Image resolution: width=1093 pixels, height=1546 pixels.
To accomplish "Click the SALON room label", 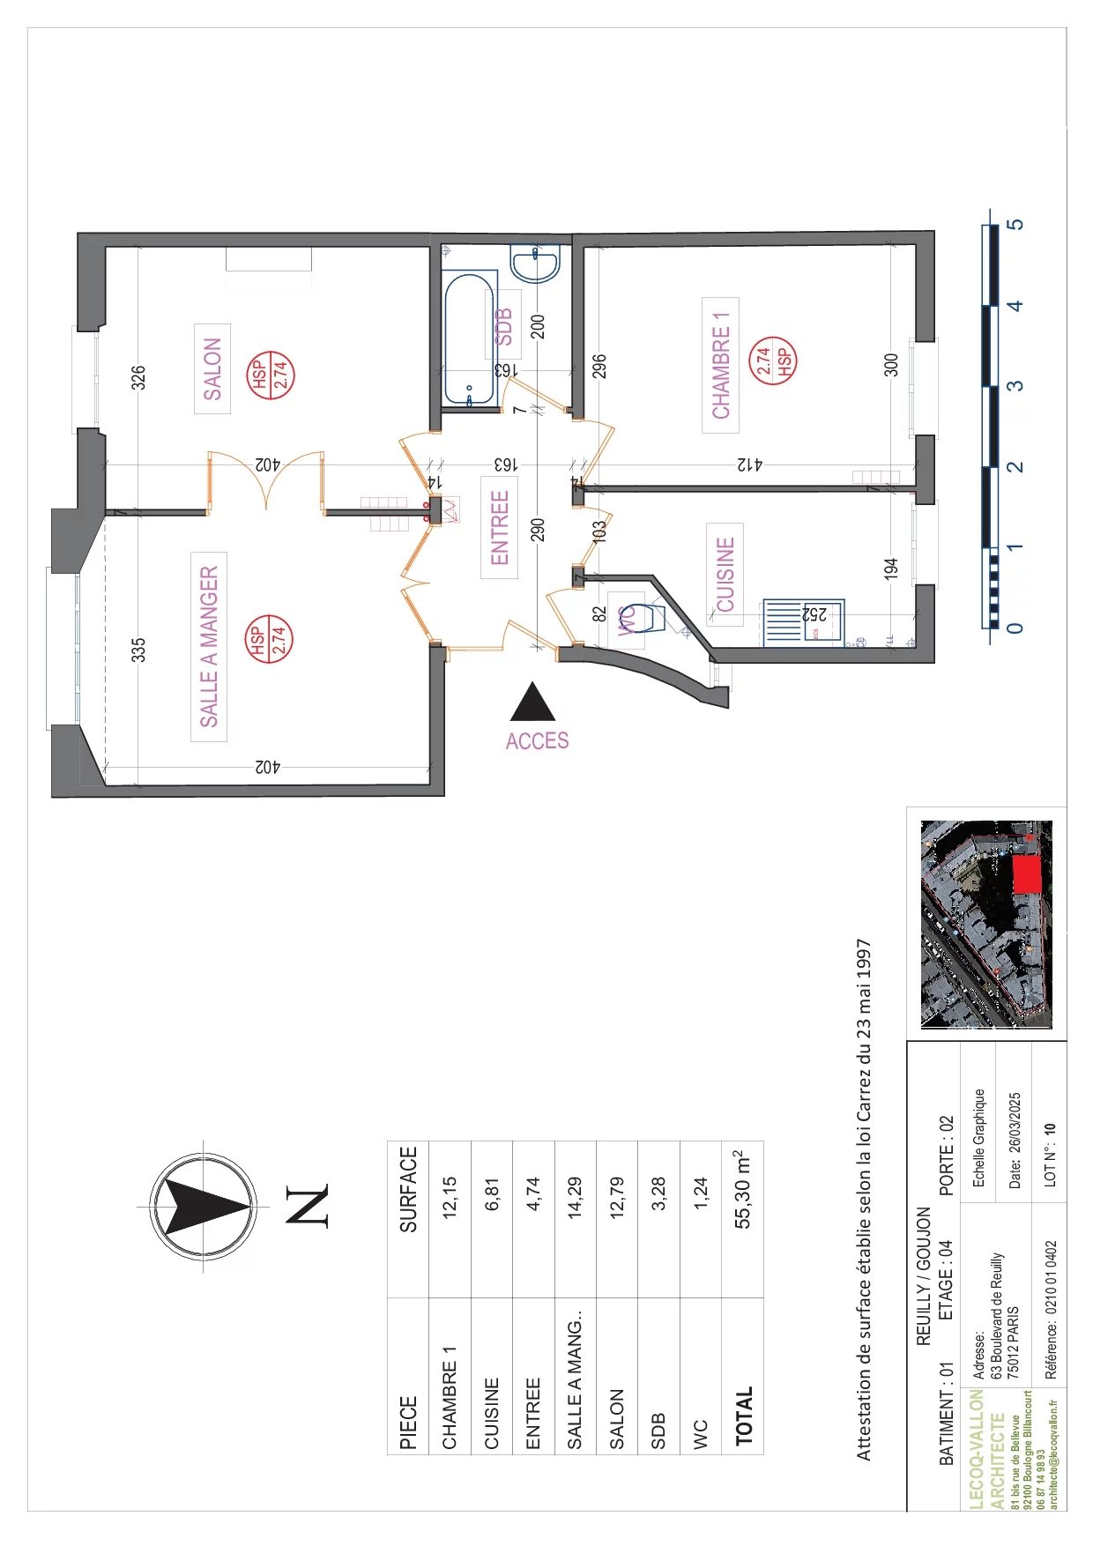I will [212, 369].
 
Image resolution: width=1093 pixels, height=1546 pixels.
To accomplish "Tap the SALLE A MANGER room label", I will [210, 646].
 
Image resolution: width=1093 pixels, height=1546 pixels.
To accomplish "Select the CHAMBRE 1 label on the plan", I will [720, 366].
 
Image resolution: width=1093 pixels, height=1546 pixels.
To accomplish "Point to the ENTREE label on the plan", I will [499, 527].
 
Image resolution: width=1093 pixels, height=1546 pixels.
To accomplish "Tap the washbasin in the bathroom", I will [534, 263].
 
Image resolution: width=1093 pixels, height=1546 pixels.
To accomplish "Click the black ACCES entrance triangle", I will [533, 702].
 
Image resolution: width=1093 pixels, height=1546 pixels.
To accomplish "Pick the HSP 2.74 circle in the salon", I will [270, 375].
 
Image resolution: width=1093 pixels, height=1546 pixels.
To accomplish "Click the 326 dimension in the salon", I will [138, 377].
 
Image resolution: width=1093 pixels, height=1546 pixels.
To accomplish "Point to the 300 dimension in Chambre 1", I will [891, 365].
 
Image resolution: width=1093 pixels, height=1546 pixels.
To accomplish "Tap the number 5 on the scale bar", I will [1016, 224].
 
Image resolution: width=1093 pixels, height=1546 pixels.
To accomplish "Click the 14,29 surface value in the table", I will [575, 1197].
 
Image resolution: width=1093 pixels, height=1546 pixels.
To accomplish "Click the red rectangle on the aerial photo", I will [1025, 874].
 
